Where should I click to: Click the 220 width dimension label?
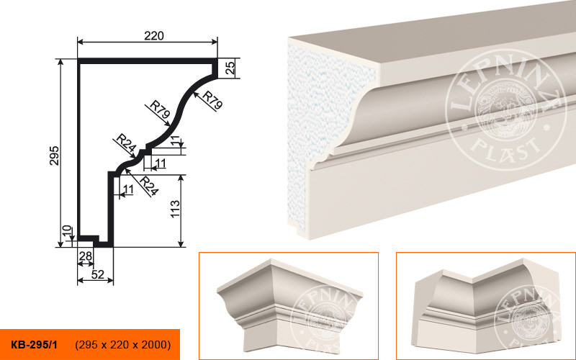pos(154,36)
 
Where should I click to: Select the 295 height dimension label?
pos(54,156)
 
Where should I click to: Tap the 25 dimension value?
pos(230,68)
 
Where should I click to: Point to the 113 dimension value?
pos(175,210)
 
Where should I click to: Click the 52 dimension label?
pos(97,274)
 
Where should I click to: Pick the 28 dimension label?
pos(86,256)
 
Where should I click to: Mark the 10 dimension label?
pos(67,231)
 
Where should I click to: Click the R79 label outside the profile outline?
pos(212,101)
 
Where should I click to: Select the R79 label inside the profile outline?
pos(160,109)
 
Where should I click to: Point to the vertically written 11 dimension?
pos(175,140)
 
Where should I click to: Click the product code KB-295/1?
pos(34,345)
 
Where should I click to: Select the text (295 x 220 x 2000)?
pos(123,345)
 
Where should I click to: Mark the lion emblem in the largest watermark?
pos(505,113)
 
